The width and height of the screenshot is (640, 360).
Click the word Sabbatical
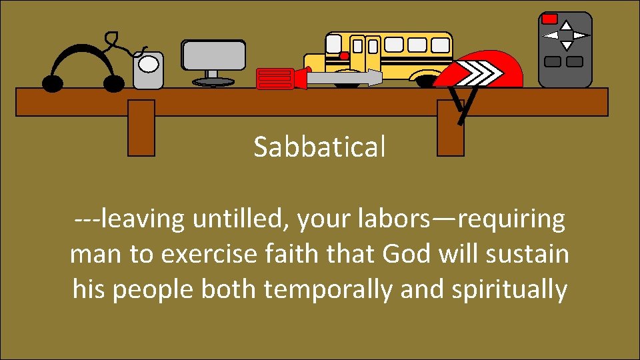click(319, 147)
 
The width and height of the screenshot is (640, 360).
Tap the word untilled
click(241, 219)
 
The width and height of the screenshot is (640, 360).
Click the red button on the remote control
click(549, 19)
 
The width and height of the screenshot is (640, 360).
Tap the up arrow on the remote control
click(566, 25)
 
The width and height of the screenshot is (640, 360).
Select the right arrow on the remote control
click(581, 35)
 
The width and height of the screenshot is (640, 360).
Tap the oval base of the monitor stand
click(213, 82)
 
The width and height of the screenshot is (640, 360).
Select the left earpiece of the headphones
click(53, 83)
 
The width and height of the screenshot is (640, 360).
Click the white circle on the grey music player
click(149, 64)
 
